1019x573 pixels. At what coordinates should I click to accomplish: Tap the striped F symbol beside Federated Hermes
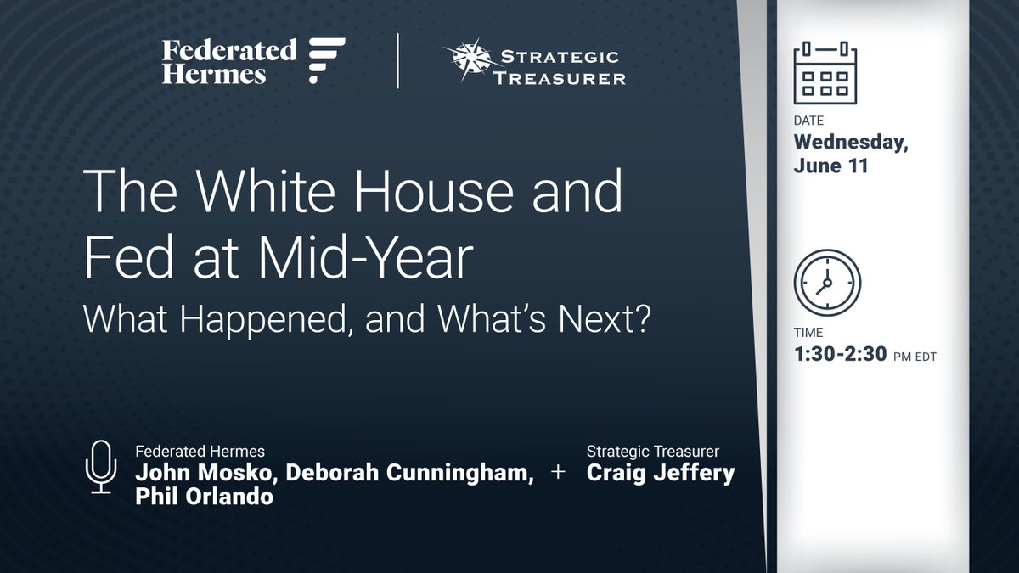tap(326, 61)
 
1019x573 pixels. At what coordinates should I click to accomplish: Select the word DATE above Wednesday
tap(808, 121)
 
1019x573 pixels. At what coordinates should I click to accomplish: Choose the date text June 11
tap(831, 166)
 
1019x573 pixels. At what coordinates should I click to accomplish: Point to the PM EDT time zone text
tap(913, 357)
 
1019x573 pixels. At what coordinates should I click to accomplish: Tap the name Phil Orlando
tap(204, 497)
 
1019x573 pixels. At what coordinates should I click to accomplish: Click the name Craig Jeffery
tap(661, 474)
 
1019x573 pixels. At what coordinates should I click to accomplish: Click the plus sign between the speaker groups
tap(559, 474)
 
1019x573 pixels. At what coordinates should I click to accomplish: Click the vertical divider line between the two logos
tap(398, 62)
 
